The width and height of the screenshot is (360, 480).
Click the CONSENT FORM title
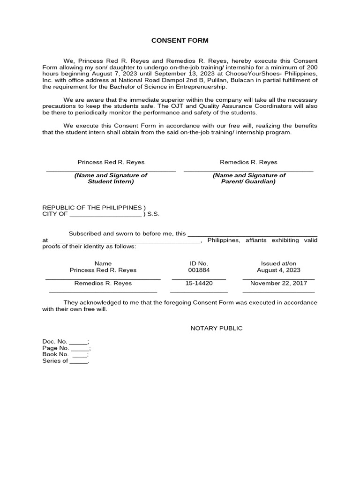pyautogui.click(x=180, y=41)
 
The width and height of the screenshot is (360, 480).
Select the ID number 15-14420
pyautogui.click(x=199, y=283)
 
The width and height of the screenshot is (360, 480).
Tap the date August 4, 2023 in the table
pyautogui.click(x=278, y=270)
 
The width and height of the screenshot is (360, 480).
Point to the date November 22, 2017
pyautogui.click(x=278, y=283)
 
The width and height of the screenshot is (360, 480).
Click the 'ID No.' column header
pyautogui.click(x=199, y=263)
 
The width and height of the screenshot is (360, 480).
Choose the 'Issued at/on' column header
pyautogui.click(x=278, y=263)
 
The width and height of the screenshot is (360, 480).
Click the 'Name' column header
pyautogui.click(x=103, y=263)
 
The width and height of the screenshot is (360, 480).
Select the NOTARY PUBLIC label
pyautogui.click(x=217, y=328)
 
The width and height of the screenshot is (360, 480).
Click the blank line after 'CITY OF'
pyautogui.click(x=105, y=215)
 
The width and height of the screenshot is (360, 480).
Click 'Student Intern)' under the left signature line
pyautogui.click(x=111, y=181)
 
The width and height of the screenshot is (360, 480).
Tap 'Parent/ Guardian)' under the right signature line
pyautogui.click(x=248, y=181)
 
